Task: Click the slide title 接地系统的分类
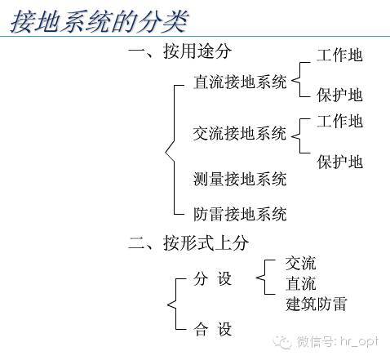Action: [x=100, y=21]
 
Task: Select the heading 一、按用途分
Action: [x=179, y=51]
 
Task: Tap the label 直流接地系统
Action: [x=240, y=82]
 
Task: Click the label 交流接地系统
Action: [x=240, y=133]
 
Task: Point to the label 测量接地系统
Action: [x=240, y=179]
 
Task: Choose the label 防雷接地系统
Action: [x=240, y=214]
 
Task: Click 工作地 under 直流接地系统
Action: [x=339, y=56]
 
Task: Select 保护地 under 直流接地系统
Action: [x=339, y=95]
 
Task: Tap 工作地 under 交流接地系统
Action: [x=339, y=121]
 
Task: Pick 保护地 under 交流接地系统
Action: [x=339, y=162]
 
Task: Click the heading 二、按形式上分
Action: [x=188, y=242]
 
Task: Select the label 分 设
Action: [x=212, y=278]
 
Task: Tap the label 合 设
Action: [x=212, y=329]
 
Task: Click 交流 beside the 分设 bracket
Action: [x=300, y=263]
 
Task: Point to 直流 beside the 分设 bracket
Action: [x=300, y=283]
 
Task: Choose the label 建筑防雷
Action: [x=316, y=304]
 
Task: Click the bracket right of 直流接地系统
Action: [x=300, y=79]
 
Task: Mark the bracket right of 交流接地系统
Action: [x=300, y=136]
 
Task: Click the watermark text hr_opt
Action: [x=359, y=342]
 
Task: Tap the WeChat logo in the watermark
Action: [x=283, y=341]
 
